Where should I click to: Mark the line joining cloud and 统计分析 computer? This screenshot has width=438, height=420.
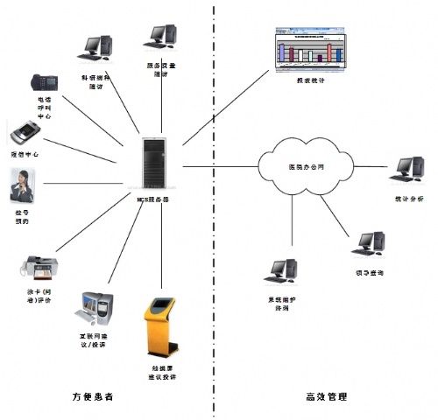coord(372,168)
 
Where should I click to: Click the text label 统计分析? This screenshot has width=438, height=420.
coord(409,199)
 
